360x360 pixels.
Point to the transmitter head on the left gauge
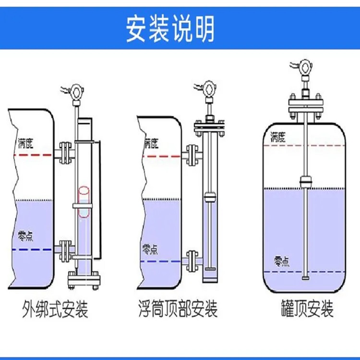(75, 91)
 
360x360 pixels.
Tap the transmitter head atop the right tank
(305, 67)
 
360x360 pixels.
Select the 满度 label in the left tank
(24, 144)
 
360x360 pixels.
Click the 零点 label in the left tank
(25, 236)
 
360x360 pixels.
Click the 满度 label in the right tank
(278, 136)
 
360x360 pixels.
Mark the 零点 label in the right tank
(282, 261)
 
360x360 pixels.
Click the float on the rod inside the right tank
(305, 182)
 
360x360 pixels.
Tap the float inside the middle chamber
(209, 197)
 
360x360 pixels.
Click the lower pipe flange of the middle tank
(192, 261)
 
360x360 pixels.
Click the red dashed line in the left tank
(34, 155)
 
